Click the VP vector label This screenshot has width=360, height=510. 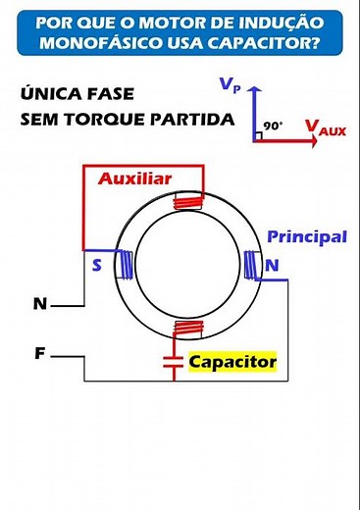point(231,86)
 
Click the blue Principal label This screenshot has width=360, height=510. point(307,237)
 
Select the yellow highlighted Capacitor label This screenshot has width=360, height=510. point(232,362)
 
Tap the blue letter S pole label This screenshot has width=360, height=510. point(96,265)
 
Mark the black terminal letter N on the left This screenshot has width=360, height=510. point(39,304)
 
